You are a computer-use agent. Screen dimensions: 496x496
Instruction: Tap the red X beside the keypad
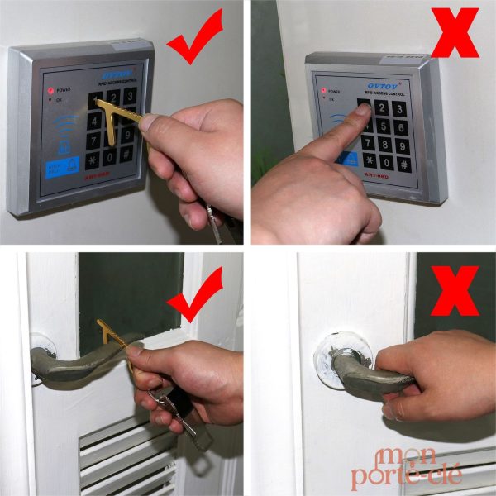pyautogui.click(x=454, y=31)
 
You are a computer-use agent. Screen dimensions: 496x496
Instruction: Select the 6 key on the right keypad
pyautogui.click(x=401, y=126)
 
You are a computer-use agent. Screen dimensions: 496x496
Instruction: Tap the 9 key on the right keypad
pyautogui.click(x=403, y=145)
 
